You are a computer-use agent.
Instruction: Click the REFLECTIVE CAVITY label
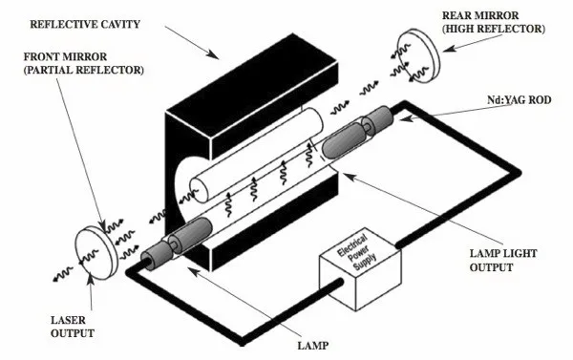[x=85, y=25]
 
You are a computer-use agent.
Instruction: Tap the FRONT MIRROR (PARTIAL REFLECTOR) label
[x=84, y=63]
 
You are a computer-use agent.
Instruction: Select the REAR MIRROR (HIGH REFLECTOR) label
[x=494, y=22]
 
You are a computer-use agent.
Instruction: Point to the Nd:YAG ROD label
[x=520, y=99]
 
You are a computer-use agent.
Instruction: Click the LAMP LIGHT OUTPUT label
[x=503, y=261]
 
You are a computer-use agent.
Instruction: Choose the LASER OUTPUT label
[x=73, y=327]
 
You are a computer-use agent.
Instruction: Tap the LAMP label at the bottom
[x=313, y=346]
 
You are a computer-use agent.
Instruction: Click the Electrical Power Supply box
[x=360, y=269]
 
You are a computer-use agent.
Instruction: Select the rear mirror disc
[x=418, y=55]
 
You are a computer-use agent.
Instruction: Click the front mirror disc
[x=96, y=252]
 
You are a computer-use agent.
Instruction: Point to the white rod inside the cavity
[x=257, y=155]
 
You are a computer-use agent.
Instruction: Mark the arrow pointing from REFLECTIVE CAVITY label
[x=192, y=42]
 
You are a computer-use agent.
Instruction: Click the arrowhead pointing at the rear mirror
[x=450, y=49]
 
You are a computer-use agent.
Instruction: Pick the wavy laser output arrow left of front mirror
[x=63, y=274]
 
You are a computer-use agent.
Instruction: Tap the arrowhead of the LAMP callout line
[x=193, y=272]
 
